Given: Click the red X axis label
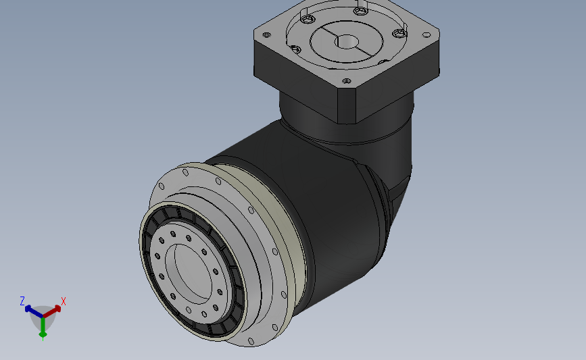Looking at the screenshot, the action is (x=63, y=301).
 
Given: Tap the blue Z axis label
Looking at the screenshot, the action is (x=22, y=301).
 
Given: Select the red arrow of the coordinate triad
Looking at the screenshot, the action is (x=52, y=311).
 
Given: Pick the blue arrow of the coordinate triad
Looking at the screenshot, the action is (x=34, y=311).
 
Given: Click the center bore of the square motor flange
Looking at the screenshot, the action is (x=347, y=41).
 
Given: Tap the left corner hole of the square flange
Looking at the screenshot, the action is (x=267, y=34).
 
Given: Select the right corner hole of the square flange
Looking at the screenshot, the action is (x=426, y=35).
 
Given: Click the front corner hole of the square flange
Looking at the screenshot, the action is (x=347, y=80).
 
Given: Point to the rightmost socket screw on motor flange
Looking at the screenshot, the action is (x=399, y=34).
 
